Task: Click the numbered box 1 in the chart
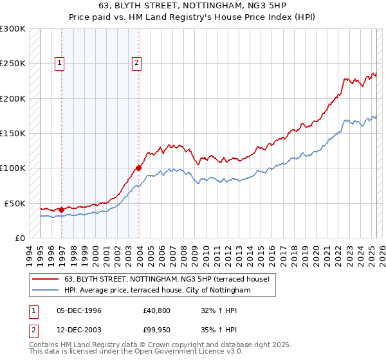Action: click(60, 63)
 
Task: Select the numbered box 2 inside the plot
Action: click(138, 63)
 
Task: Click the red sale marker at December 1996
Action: click(61, 210)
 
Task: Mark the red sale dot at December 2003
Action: click(138, 168)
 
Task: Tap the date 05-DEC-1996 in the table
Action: click(79, 310)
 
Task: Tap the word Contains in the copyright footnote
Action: click(44, 345)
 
